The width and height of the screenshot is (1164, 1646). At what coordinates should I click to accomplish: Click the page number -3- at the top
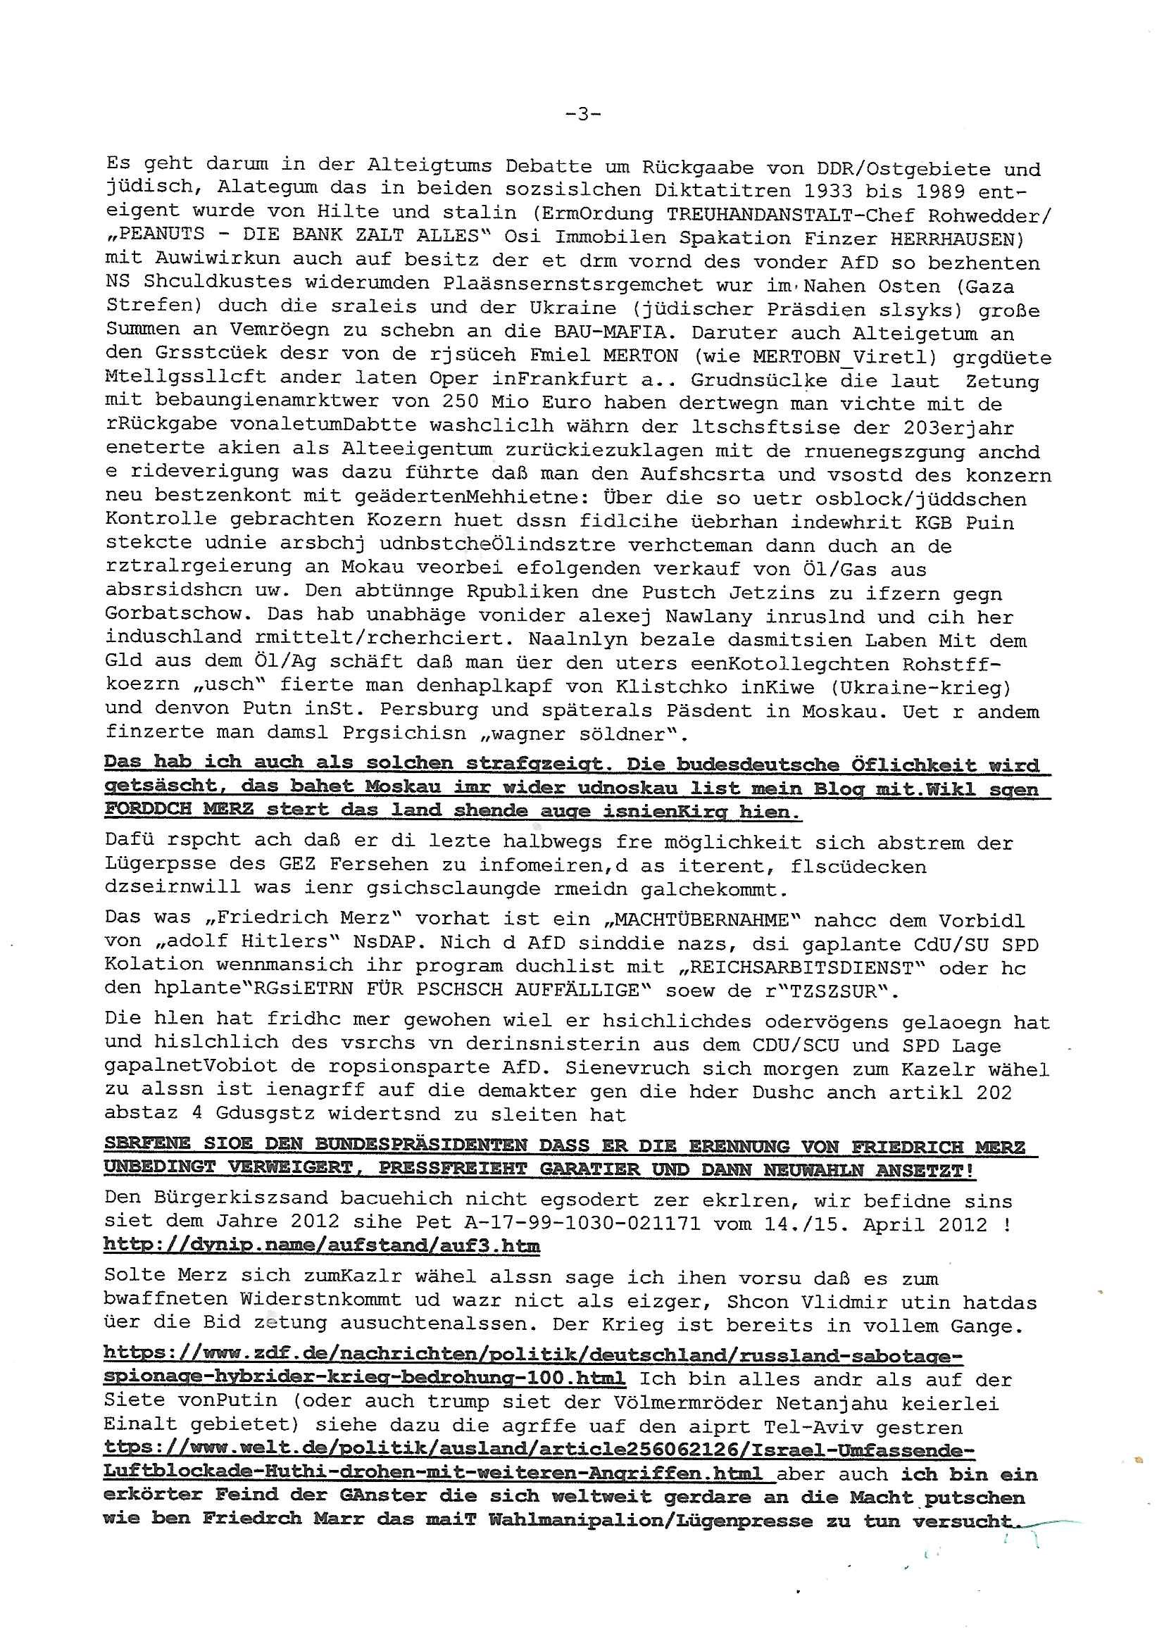pyautogui.click(x=582, y=114)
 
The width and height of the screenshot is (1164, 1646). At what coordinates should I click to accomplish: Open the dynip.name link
pyautogui.click(x=321, y=1247)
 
